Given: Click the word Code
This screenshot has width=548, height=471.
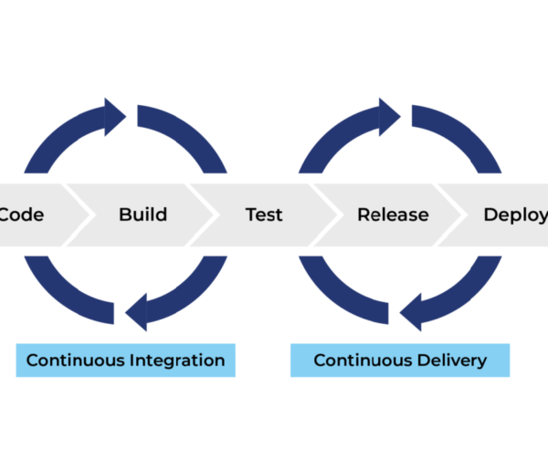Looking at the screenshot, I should click(x=21, y=215).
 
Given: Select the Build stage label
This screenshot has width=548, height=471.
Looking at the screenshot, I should click(x=142, y=215).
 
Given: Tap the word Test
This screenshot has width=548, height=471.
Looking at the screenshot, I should click(x=264, y=215).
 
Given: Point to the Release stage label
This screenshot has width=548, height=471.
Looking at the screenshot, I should click(x=393, y=215).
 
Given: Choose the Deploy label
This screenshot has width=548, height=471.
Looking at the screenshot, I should click(x=515, y=215).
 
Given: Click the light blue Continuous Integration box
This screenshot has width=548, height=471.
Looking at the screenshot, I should click(x=125, y=360).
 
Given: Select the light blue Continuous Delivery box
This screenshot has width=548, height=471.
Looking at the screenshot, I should click(x=399, y=360).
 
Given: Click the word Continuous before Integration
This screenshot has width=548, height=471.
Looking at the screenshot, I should click(x=75, y=360).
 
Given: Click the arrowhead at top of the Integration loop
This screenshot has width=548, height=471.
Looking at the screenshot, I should click(x=115, y=116).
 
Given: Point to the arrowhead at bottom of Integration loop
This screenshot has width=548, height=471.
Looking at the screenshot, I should click(x=136, y=313).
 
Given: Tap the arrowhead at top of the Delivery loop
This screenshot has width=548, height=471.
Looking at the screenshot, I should click(x=390, y=116).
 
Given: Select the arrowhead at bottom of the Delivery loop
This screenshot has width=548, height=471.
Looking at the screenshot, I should click(x=411, y=313).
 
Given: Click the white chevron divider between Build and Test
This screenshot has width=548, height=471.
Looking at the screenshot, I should click(x=203, y=215).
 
